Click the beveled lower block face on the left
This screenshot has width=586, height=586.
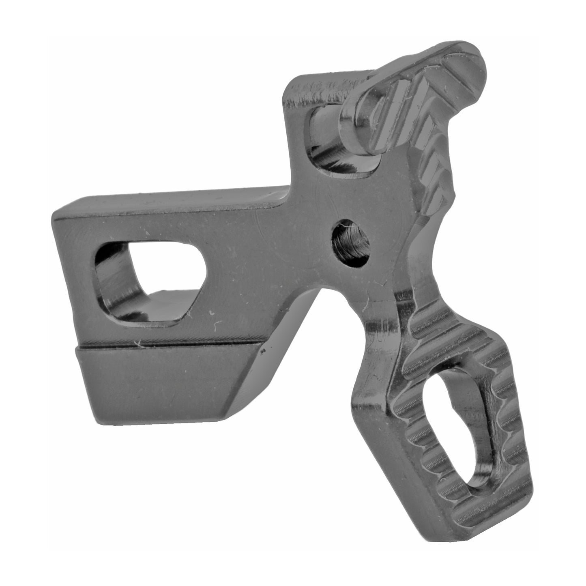point(158,381)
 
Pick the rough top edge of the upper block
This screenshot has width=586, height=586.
point(324,83)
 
